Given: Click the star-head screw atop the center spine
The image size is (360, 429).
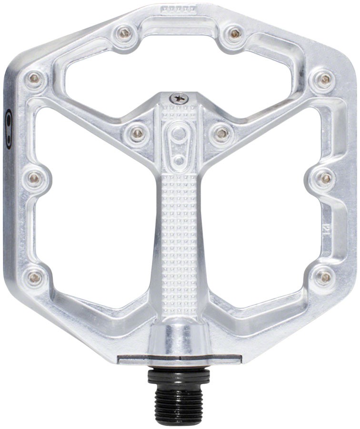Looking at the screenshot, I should pos(180,97).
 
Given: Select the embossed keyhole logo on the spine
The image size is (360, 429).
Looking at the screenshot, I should pos(178,141).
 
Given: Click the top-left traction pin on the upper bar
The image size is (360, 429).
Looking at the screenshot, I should pos(125,33).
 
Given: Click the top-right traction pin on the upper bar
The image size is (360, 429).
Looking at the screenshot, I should pos(234,33).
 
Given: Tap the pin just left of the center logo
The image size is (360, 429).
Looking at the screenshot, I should pos(137,133).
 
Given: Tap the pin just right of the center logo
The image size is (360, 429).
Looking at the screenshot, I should pos(220,133).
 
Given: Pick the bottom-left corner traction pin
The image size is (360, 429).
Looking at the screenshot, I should pos(34,277).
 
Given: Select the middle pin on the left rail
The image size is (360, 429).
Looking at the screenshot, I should pos(34,178).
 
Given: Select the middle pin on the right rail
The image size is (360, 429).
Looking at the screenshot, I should pos(326,178).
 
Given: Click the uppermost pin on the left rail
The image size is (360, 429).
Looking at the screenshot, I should pos(34,79).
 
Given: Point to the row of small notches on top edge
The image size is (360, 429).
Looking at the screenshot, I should pos(179,9).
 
